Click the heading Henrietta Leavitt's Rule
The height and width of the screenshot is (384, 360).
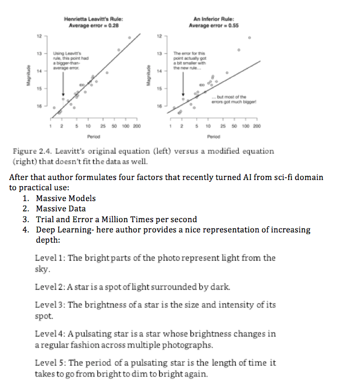pyautogui.click(x=95, y=21)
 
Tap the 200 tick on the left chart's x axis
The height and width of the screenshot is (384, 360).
pyautogui.click(x=136, y=125)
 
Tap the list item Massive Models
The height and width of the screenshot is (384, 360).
pyautogui.click(x=66, y=198)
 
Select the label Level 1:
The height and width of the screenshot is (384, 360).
pyautogui.click(x=50, y=258)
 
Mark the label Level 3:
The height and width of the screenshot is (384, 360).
pyautogui.click(x=50, y=305)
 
